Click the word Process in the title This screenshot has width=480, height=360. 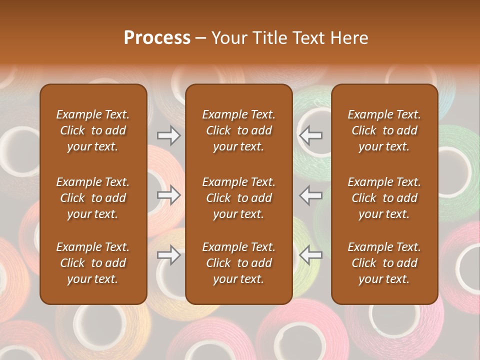click(157, 37)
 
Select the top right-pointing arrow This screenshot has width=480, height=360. click(168, 135)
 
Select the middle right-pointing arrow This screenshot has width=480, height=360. click(168, 195)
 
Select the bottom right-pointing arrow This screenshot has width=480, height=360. click(168, 255)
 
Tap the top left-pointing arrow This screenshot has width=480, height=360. click(310, 135)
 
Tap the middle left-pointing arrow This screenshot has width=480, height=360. click(310, 195)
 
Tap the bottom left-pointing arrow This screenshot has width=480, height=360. click(310, 255)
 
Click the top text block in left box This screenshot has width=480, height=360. click(93, 130)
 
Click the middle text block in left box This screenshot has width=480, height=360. click(93, 198)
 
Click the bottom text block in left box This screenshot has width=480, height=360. click(93, 263)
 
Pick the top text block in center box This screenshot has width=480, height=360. click(238, 130)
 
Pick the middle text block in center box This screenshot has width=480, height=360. click(238, 198)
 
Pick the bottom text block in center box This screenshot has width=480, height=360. click(238, 263)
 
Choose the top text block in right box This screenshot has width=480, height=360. click(384, 130)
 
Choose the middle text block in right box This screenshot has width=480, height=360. click(384, 198)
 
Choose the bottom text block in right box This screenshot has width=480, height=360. click(384, 263)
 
